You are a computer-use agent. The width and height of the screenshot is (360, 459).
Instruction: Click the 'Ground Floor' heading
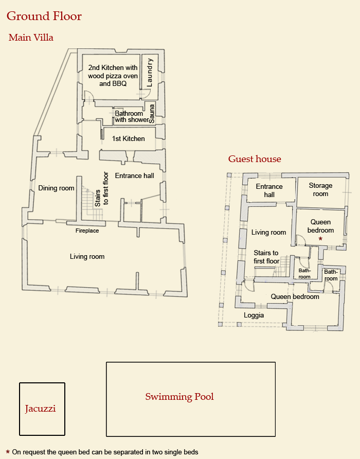click(44, 16)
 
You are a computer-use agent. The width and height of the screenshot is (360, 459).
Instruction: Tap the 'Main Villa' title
click(31, 38)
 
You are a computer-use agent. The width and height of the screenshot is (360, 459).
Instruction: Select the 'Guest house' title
click(255, 159)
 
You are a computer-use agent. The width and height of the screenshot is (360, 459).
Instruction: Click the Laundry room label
click(150, 72)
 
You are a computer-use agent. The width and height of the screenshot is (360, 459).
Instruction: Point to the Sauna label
click(152, 113)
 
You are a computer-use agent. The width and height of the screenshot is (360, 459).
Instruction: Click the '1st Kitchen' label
click(128, 138)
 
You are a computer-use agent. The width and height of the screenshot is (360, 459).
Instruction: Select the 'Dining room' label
click(57, 188)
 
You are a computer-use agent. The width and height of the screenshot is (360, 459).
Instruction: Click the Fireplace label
click(87, 231)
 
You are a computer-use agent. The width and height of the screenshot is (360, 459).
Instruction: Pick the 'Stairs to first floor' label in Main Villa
click(102, 189)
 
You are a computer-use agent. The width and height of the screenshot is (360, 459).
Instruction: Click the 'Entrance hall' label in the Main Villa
click(134, 175)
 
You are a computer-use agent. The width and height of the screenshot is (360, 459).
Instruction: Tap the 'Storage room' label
click(320, 189)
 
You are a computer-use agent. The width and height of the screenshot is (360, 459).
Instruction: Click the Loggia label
click(254, 315)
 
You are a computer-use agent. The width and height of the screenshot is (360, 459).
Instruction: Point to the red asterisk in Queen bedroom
click(320, 240)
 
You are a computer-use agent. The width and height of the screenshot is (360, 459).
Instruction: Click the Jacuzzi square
click(42, 409)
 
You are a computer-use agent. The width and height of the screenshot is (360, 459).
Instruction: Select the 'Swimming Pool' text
click(179, 397)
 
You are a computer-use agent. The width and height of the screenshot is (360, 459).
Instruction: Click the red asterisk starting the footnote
click(8, 452)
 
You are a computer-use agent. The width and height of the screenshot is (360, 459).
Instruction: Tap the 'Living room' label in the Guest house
click(268, 233)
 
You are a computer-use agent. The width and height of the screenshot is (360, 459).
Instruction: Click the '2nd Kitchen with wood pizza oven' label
click(113, 76)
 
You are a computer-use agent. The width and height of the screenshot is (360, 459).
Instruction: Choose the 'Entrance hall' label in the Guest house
click(269, 190)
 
